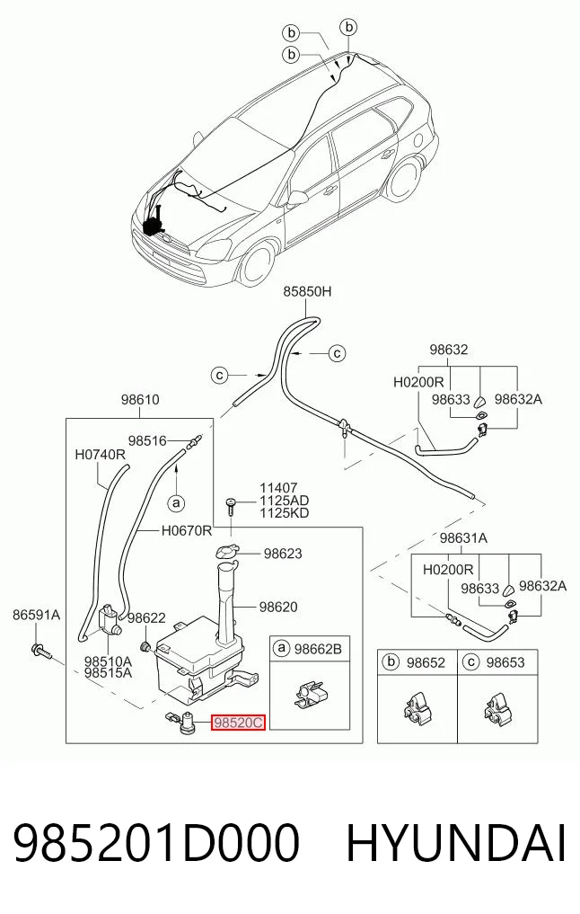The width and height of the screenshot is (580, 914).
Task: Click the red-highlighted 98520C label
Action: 238,723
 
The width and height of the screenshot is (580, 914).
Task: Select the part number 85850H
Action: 307,291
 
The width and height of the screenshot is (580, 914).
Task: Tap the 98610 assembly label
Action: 140,400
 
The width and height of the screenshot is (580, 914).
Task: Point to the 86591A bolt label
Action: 37,615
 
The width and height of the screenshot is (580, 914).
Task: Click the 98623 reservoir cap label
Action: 283,554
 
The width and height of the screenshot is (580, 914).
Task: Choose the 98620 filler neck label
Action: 278,607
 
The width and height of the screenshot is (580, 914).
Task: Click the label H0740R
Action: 101,454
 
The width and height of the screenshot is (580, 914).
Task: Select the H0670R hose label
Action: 187,530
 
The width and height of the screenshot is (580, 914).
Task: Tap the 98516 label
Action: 147,441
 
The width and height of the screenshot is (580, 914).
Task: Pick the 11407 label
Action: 278,488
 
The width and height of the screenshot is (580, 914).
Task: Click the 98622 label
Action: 146,618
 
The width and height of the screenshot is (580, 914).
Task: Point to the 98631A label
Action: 463,538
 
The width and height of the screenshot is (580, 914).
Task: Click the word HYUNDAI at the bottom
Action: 456,843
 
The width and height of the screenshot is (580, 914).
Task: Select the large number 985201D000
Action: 156,843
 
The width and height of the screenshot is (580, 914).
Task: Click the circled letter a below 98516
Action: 176,501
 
